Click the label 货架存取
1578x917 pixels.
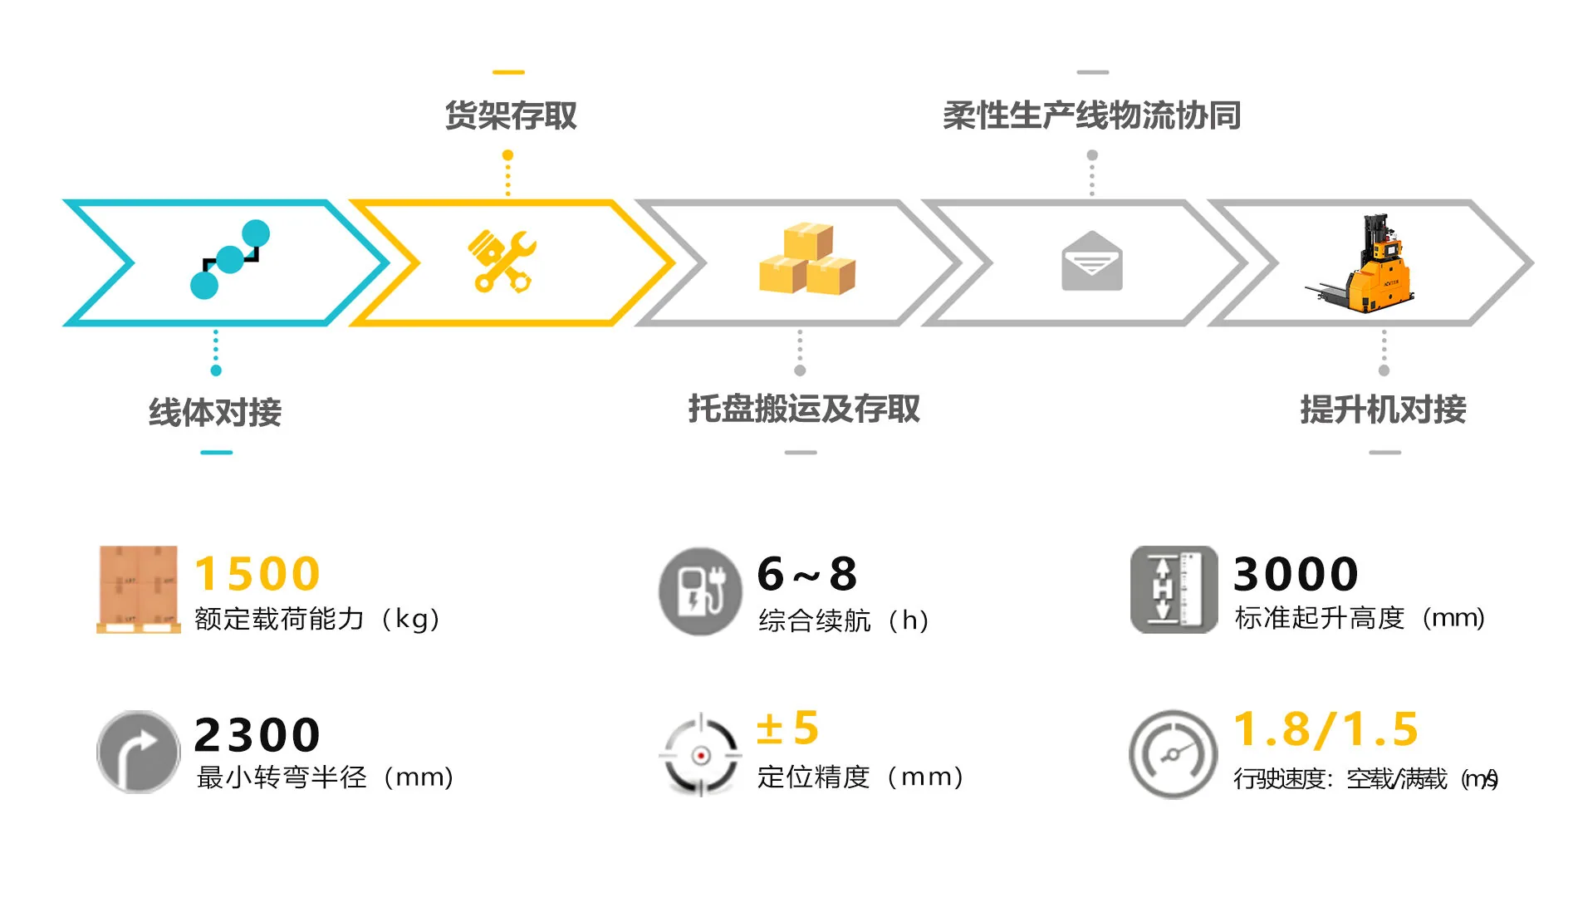(x=510, y=115)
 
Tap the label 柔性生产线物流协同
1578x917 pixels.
(x=1091, y=115)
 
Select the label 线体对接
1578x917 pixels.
(x=215, y=412)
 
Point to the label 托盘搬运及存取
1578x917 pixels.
(x=803, y=409)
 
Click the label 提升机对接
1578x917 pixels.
(x=1383, y=409)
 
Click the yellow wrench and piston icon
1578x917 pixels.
(x=502, y=262)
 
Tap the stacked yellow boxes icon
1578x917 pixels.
(x=806, y=259)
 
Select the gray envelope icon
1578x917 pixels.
(x=1091, y=262)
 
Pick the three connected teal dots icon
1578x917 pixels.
(x=230, y=259)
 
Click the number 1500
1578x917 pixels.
(x=257, y=574)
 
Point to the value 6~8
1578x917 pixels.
(x=806, y=574)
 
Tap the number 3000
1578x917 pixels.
(x=1296, y=574)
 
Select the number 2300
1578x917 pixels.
(x=257, y=735)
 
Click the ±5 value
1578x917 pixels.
(x=787, y=728)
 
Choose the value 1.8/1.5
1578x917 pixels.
(x=1326, y=729)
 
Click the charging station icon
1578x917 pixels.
(x=700, y=591)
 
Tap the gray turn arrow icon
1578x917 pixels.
(x=138, y=753)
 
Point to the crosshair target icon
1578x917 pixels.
(x=700, y=755)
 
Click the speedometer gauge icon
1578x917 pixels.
(x=1172, y=754)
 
